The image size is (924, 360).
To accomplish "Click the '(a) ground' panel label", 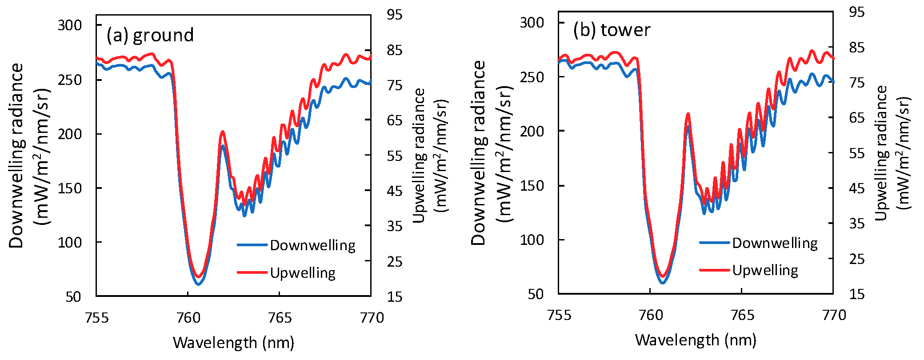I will pyautogui.click(x=150, y=35).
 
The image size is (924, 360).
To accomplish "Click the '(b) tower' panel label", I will pyautogui.click(x=612, y=30).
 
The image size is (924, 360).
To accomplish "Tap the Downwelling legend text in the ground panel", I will pyautogui.click(x=312, y=245).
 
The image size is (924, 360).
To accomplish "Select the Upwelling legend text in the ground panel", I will pyautogui.click(x=303, y=272).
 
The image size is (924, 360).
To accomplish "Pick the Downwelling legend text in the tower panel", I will pyautogui.click(x=775, y=243).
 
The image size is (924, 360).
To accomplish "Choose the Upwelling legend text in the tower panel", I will pyautogui.click(x=765, y=270).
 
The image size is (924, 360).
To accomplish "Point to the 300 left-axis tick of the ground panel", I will pyautogui.click(x=70, y=25).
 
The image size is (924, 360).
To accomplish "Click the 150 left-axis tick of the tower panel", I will pyautogui.click(x=532, y=186).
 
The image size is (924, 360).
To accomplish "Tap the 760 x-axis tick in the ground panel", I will pyautogui.click(x=188, y=317).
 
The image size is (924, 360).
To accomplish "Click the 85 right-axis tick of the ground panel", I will pyautogui.click(x=395, y=50).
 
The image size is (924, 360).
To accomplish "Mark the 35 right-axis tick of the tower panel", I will pyautogui.click(x=856, y=224).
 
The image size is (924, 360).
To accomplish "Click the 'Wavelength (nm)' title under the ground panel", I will pyautogui.click(x=233, y=343).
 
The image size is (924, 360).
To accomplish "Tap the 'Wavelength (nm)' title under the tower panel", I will pyautogui.click(x=696, y=340).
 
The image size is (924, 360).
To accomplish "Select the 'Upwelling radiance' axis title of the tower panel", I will pyautogui.click(x=881, y=153).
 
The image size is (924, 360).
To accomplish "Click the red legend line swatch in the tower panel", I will pyautogui.click(x=714, y=270).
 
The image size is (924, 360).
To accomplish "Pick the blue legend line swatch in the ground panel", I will pyautogui.click(x=252, y=245).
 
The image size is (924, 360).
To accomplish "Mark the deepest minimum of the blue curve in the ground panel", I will pyautogui.click(x=199, y=284).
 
